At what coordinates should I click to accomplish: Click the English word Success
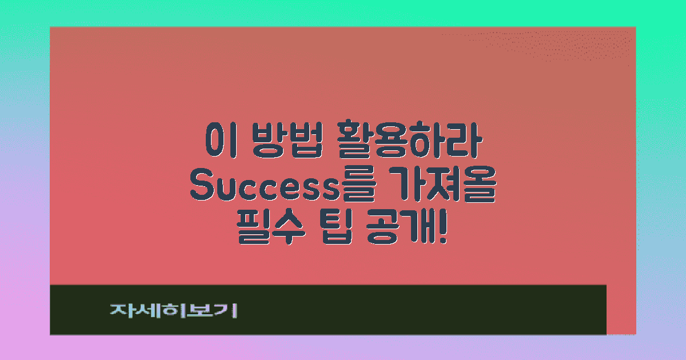[x=264, y=186]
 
